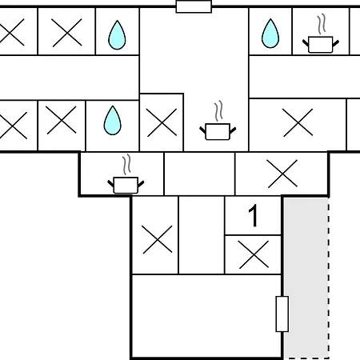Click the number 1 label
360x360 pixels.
pyautogui.click(x=253, y=216)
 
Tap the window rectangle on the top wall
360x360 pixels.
pyautogui.click(x=194, y=6)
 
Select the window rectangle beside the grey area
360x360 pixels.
pyautogui.click(x=282, y=314)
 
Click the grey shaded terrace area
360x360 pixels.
pyautogui.click(x=306, y=278)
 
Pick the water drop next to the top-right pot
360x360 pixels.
pyautogui.click(x=270, y=34)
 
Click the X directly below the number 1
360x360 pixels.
pyautogui.click(x=254, y=254)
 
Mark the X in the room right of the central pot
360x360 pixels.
pyautogui.click(x=298, y=122)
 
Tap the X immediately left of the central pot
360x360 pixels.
pyautogui.click(x=162, y=122)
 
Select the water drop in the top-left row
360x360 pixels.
pyautogui.click(x=117, y=35)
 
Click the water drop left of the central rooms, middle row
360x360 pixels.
pyautogui.click(x=112, y=120)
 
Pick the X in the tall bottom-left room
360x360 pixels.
pyautogui.click(x=158, y=239)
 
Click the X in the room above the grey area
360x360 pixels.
pyautogui.click(x=282, y=174)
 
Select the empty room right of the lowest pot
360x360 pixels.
pyautogui.click(x=199, y=174)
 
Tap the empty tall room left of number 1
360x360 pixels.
pyautogui.click(x=202, y=235)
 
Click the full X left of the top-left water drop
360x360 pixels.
pyautogui.click(x=66, y=33)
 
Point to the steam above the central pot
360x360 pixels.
pyautogui.click(x=218, y=110)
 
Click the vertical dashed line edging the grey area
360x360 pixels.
pyautogui.click(x=329, y=278)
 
